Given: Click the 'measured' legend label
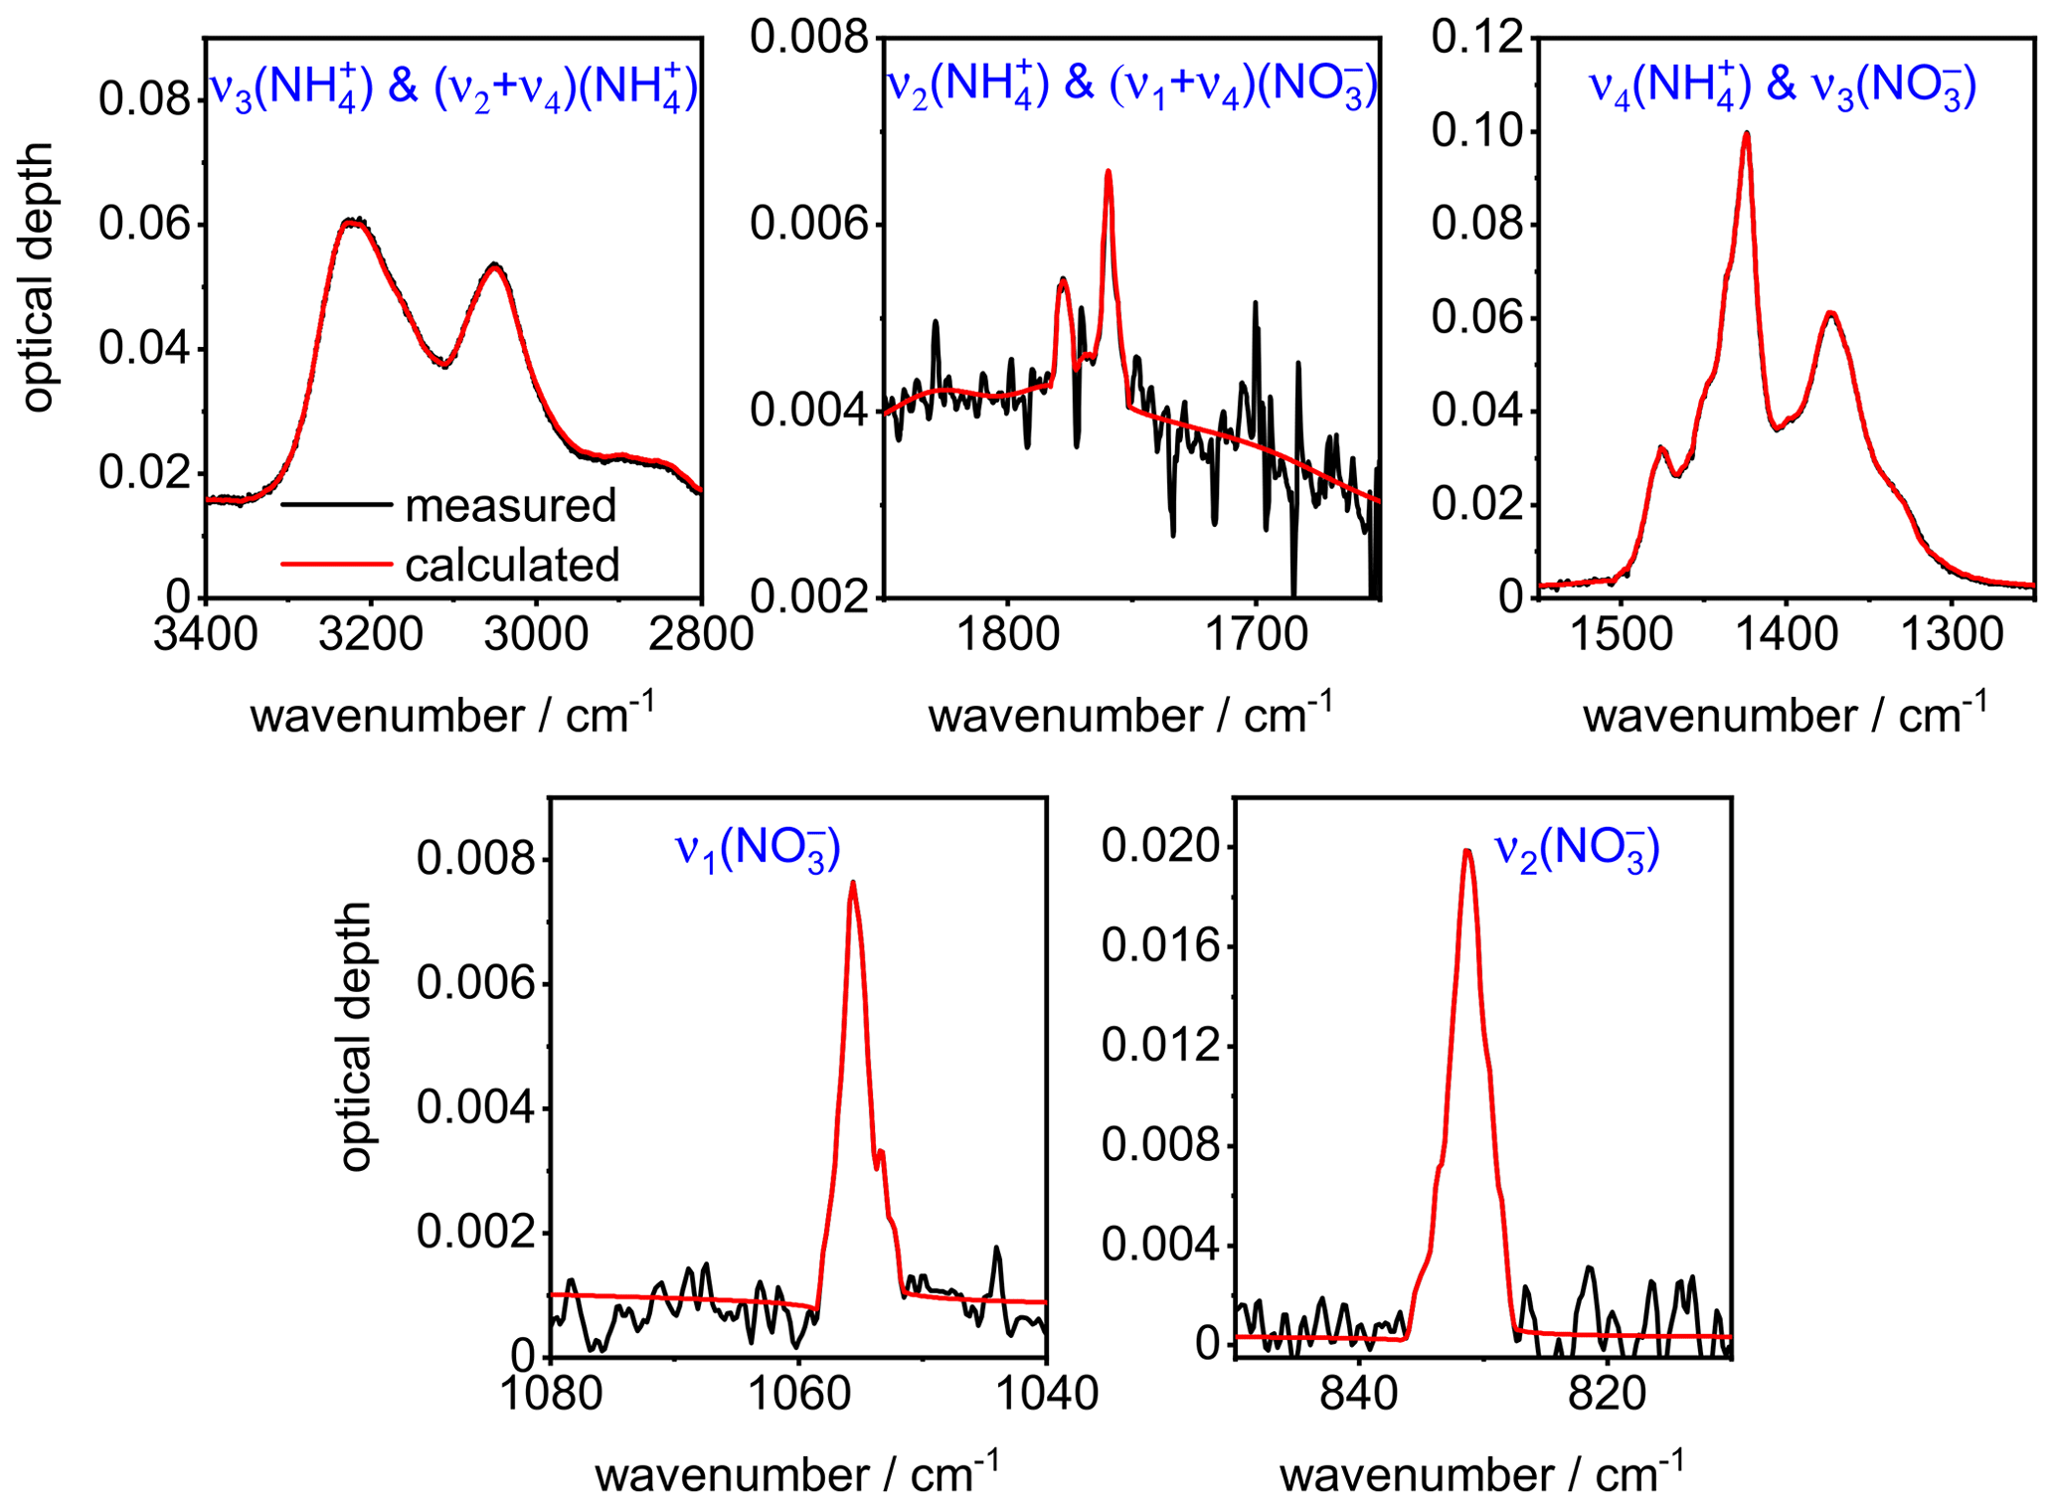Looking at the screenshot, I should tap(510, 506).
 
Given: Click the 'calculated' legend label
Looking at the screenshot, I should tap(512, 565).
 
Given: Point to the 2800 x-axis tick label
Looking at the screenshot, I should tap(701, 633).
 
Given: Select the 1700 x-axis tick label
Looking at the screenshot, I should tap(1256, 633).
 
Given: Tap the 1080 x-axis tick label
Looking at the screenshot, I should tap(551, 1393).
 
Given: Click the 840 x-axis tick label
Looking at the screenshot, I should tap(1359, 1393).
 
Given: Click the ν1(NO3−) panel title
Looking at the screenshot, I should tap(759, 850).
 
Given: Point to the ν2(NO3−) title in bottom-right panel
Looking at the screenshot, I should tap(1577, 850).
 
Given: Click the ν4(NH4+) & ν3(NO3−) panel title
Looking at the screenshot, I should tap(1783, 85).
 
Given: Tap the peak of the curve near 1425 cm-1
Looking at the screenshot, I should tap(1746, 133).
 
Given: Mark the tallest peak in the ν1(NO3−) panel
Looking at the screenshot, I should tap(852, 883).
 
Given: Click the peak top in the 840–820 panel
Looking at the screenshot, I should tap(1467, 850).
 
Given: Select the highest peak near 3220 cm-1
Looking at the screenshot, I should tap(352, 220).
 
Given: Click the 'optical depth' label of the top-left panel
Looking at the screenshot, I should tap(37, 276).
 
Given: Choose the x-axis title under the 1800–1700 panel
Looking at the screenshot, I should tap(1129, 715).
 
